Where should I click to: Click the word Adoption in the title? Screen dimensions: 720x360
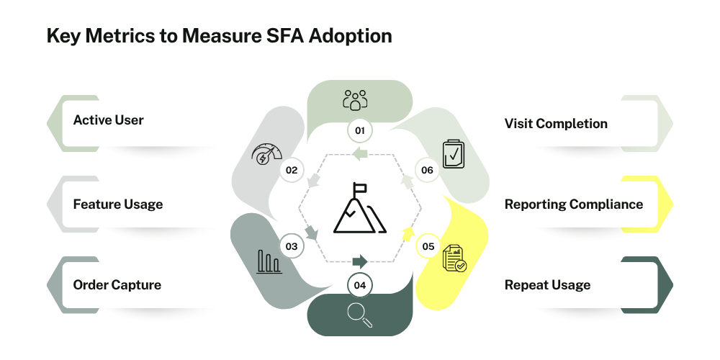pos(351,36)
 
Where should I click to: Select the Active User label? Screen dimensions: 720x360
pos(109,120)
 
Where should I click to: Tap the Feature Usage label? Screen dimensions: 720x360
pos(118,204)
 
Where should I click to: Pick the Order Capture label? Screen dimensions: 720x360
pos(117,284)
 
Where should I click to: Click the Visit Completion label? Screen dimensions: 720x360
pos(556,124)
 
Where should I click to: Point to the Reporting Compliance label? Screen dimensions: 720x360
pos(574,204)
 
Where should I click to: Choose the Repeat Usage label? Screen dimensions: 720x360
pos(547,284)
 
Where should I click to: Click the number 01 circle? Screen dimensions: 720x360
pos(359,131)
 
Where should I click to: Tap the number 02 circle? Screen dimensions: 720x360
pos(292,171)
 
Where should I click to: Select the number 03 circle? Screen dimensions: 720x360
pos(292,246)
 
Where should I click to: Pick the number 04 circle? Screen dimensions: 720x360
pos(359,285)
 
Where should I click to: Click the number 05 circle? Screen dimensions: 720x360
pos(428,246)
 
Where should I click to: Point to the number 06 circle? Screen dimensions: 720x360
pos(427,171)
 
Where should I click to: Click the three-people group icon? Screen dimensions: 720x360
pos(355,100)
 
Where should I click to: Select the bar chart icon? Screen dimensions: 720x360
pos(269,262)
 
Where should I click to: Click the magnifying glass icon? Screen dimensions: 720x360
pos(359,315)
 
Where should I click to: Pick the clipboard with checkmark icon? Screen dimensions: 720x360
pos(453,154)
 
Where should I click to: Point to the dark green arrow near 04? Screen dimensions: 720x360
pos(360,262)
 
